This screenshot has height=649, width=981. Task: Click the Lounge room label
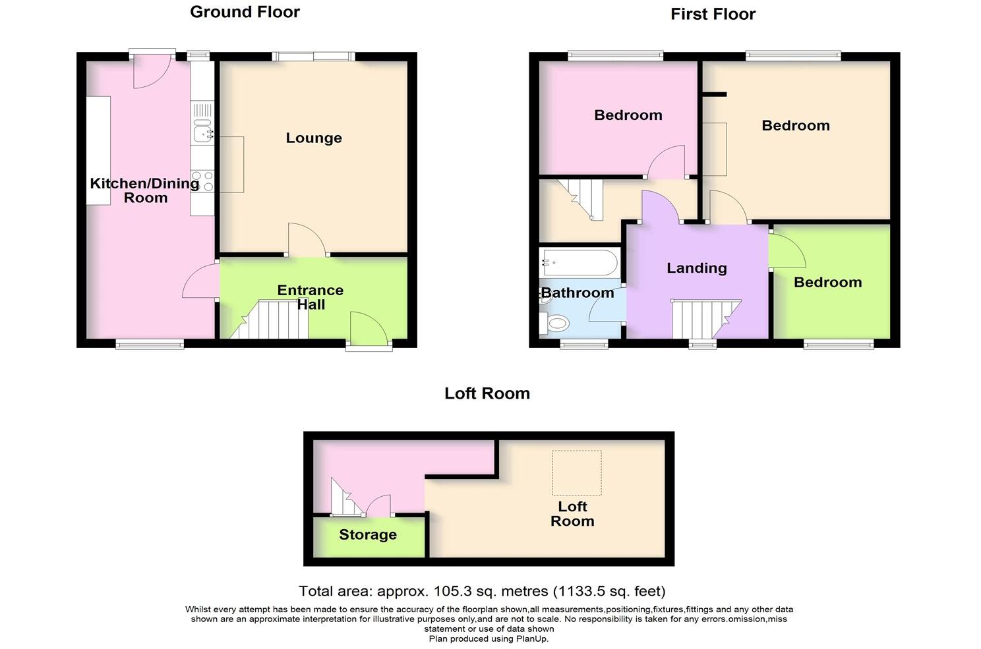click(313, 138)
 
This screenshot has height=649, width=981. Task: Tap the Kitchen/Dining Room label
click(145, 190)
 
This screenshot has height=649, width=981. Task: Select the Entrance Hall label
click(311, 297)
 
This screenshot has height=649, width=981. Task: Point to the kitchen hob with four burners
click(203, 181)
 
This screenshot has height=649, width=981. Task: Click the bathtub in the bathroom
click(579, 264)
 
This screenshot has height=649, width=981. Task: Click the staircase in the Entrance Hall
click(274, 320)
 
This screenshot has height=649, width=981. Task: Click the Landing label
click(696, 268)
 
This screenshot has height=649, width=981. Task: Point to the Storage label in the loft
click(368, 534)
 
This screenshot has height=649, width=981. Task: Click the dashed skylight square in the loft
click(577, 472)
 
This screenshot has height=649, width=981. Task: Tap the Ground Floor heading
click(245, 12)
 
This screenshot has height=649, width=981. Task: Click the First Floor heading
click(713, 14)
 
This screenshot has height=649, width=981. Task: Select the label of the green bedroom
click(827, 282)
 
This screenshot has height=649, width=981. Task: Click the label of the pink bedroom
click(628, 115)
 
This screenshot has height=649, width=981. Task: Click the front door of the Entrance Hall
click(368, 330)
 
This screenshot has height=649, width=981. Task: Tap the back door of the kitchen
click(152, 71)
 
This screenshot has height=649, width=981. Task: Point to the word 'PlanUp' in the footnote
click(531, 638)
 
